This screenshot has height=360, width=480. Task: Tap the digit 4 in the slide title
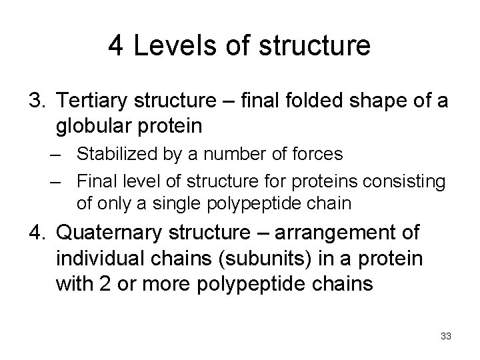[x=116, y=46]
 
